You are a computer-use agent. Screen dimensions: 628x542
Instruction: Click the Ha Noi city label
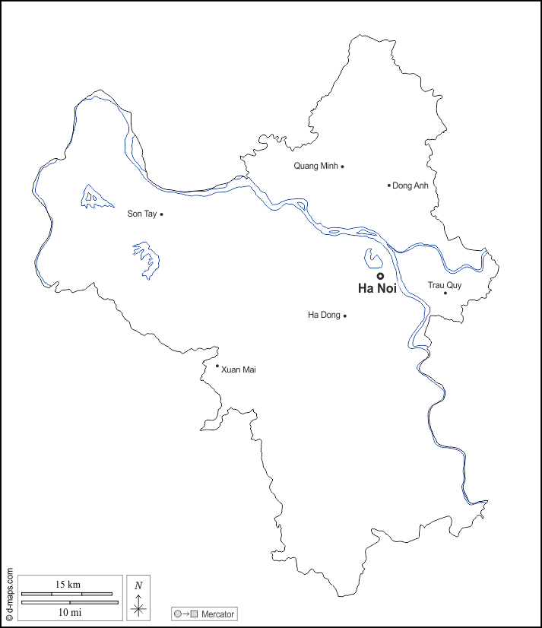coord(377,289)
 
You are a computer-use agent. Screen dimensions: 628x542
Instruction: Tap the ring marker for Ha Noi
coord(380,276)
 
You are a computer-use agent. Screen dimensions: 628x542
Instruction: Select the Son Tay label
coord(141,214)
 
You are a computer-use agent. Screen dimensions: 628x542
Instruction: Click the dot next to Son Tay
coord(161,214)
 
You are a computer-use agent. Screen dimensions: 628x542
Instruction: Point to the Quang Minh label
coord(315,166)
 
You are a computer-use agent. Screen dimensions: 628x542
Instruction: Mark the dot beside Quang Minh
coord(342,167)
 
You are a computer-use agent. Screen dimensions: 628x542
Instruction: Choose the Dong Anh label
coord(410,186)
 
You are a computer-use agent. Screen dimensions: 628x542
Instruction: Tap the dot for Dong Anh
coord(389,185)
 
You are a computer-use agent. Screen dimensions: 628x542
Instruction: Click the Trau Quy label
coord(444,285)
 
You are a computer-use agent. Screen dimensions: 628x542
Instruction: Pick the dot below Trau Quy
coord(445,293)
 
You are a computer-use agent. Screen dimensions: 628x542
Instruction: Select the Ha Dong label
coord(324,315)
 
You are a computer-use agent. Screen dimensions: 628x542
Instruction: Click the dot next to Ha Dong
coord(345,316)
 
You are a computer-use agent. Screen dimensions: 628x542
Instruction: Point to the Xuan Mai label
coord(238,370)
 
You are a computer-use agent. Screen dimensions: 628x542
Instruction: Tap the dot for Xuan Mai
coord(217,366)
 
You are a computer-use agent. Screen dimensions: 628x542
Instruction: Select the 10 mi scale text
coord(69,611)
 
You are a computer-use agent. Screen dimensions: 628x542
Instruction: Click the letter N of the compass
coord(138,585)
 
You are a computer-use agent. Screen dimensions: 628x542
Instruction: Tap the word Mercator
coord(217,614)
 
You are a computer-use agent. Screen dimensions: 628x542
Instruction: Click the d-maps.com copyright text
coord(9,594)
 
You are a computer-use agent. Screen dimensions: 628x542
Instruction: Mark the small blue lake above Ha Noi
coord(372,259)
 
